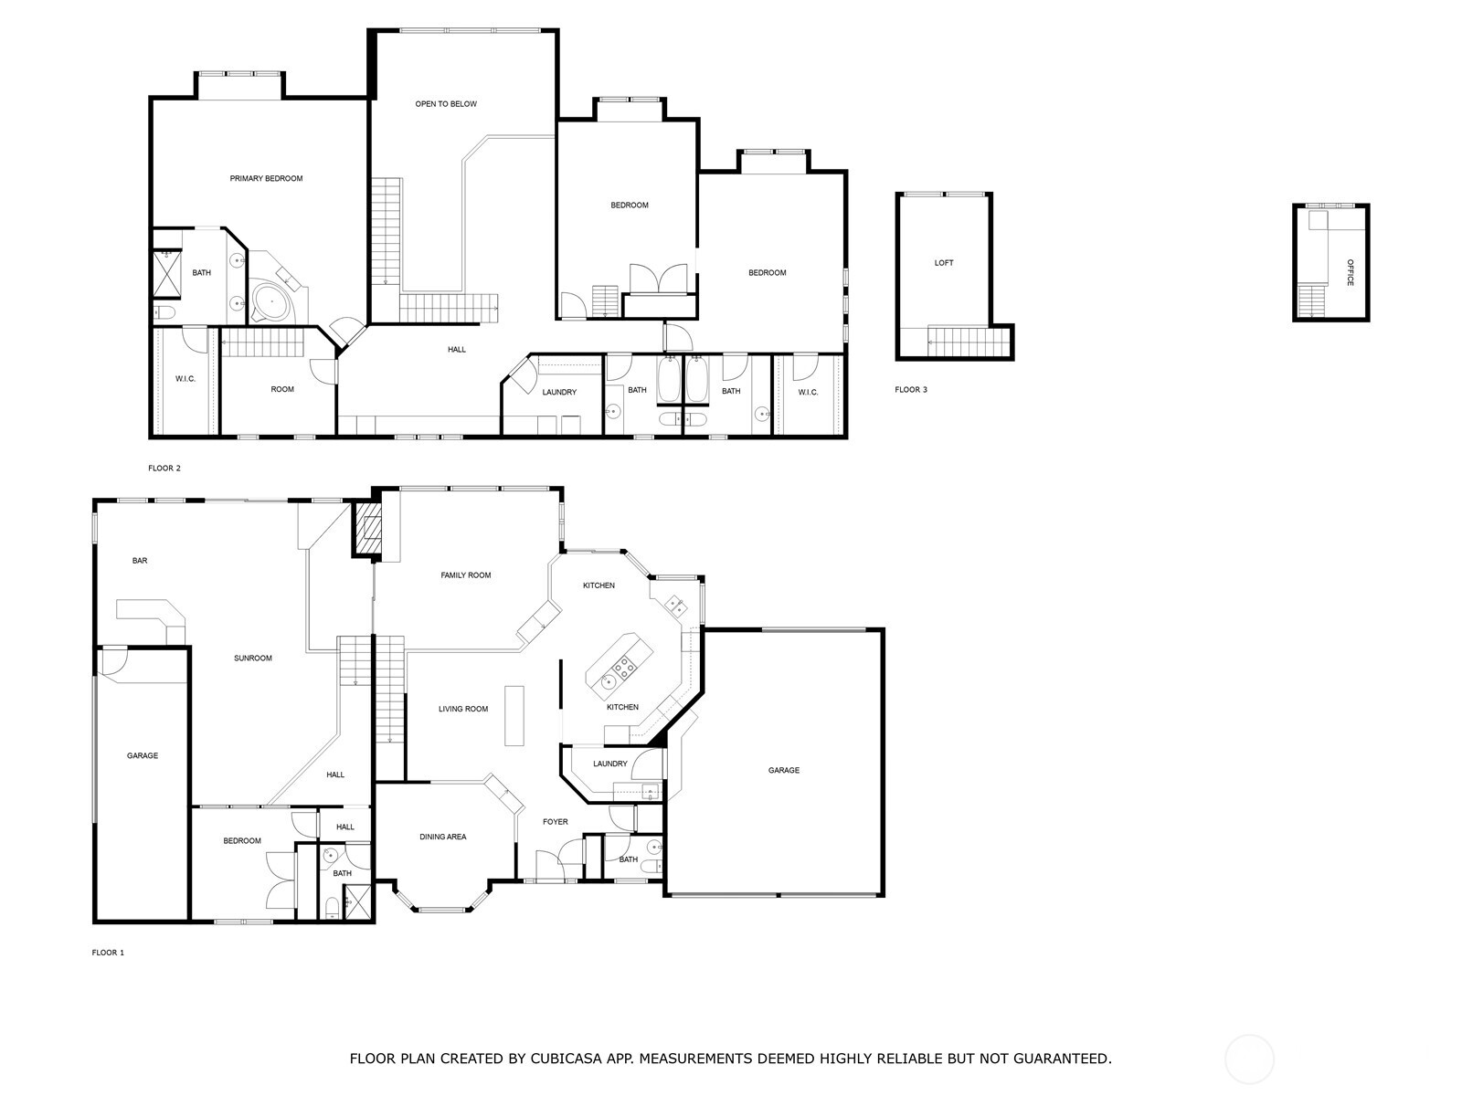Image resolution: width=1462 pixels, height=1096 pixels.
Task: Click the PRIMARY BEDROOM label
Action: click(266, 179)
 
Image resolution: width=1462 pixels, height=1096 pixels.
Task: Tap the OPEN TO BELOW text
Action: click(446, 104)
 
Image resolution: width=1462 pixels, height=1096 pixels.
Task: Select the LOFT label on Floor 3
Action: click(944, 263)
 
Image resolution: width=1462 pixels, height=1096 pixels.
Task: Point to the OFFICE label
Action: click(1350, 272)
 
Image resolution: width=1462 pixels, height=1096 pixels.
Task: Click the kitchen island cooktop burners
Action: click(626, 667)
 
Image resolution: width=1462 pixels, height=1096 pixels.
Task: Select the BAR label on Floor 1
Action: click(140, 561)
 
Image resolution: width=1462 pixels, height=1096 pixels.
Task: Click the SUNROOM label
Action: click(253, 659)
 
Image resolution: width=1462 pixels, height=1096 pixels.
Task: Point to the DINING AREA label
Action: click(443, 837)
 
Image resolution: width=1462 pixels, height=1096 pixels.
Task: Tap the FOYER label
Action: click(556, 822)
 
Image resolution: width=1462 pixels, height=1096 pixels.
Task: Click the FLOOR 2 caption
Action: click(164, 469)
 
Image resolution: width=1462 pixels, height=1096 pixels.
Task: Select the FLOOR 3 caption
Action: click(911, 390)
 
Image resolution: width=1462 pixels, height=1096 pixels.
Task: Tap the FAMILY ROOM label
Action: click(466, 575)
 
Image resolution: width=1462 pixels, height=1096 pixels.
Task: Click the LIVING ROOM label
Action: click(463, 709)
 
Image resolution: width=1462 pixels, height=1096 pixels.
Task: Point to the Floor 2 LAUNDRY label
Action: click(559, 393)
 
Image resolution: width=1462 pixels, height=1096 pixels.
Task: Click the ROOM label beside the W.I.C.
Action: click(282, 390)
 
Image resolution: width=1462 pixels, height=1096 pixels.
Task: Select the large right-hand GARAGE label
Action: click(783, 771)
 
